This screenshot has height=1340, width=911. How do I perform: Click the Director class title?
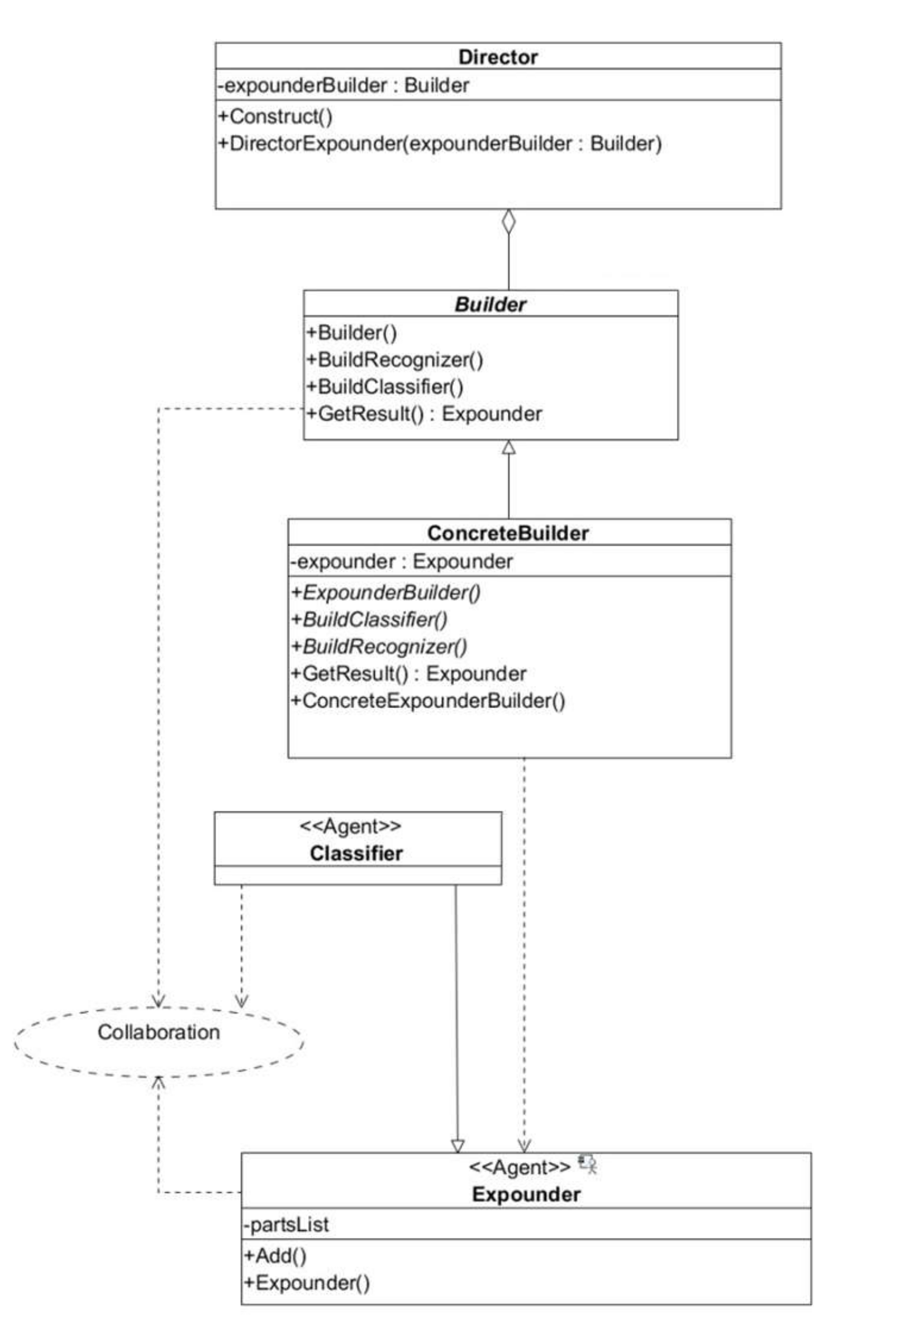coord(498,57)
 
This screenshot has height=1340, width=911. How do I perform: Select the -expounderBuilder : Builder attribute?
coord(343,85)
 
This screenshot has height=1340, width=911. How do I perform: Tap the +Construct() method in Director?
coord(275,117)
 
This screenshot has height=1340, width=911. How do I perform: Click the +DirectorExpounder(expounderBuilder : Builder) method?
coord(439,144)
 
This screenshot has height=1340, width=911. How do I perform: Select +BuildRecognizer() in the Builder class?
coord(395,360)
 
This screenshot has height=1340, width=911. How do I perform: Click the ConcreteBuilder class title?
coord(507,533)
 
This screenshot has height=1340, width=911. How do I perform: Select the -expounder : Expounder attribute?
coord(401,561)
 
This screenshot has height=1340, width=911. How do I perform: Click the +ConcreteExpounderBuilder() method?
coord(428,700)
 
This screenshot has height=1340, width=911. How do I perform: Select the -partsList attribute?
coord(286,1224)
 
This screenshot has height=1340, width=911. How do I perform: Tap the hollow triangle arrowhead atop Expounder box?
coord(457,1145)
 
